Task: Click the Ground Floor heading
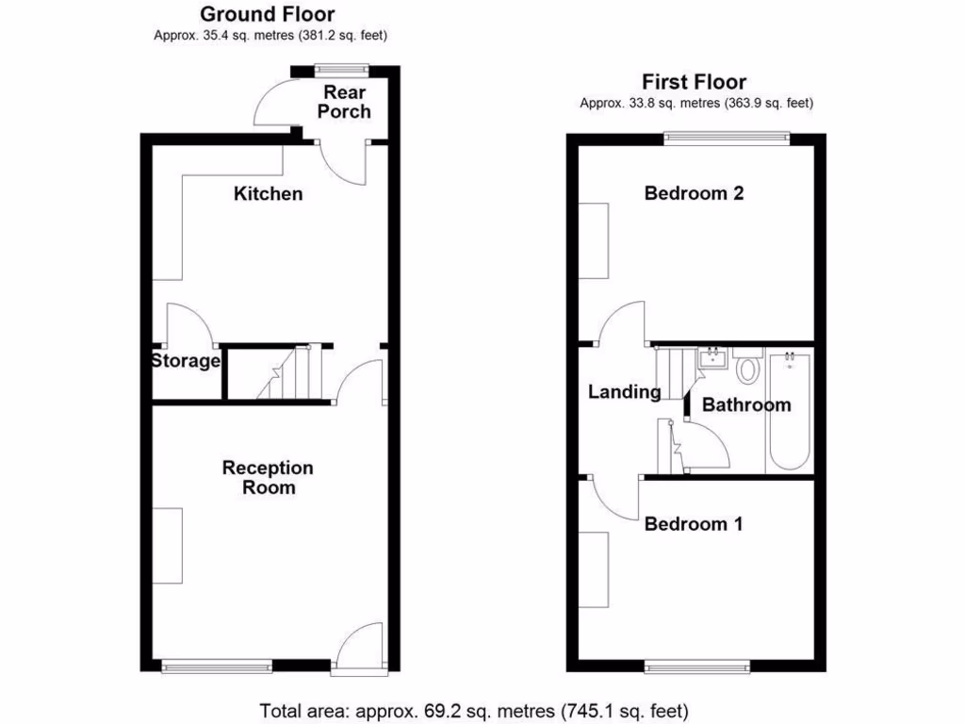(268, 14)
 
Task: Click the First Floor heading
(694, 82)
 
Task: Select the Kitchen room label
(269, 194)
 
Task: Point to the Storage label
(186, 361)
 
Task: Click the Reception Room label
(268, 478)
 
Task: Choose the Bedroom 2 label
(694, 193)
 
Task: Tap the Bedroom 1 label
(693, 524)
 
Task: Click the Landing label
(624, 392)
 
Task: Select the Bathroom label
(746, 405)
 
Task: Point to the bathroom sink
(710, 357)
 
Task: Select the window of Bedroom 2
(726, 138)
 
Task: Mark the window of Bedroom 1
(697, 666)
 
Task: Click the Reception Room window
(217, 666)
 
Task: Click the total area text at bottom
(474, 709)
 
